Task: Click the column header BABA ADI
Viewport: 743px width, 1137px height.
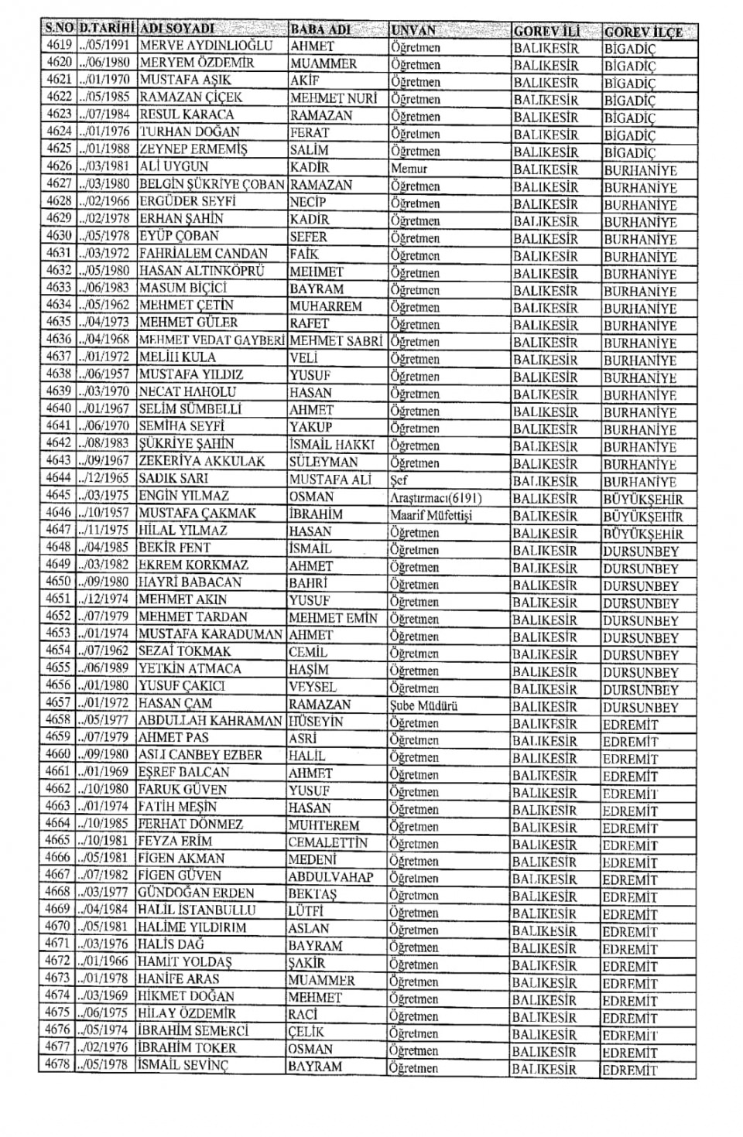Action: click(320, 29)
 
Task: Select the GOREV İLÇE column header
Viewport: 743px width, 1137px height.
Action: click(643, 32)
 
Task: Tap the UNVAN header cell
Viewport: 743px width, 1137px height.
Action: click(413, 30)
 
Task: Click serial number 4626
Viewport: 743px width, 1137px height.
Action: click(59, 166)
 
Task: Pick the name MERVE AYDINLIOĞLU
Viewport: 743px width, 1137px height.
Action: click(206, 46)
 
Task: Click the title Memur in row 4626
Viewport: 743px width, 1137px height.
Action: click(409, 169)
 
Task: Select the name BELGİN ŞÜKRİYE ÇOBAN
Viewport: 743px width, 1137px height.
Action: click(211, 184)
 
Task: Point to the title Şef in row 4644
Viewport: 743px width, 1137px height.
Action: click(399, 480)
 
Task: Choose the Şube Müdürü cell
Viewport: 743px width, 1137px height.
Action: click(423, 705)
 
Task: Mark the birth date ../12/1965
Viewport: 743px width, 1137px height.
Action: click(105, 478)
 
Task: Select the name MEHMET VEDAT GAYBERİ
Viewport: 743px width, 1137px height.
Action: click(211, 340)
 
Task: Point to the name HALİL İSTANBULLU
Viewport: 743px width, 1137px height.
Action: click(197, 910)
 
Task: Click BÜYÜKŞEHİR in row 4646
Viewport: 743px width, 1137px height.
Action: click(643, 517)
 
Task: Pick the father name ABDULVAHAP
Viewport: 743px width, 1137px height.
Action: click(330, 877)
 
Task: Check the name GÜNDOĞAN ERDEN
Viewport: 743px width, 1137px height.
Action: click(196, 893)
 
